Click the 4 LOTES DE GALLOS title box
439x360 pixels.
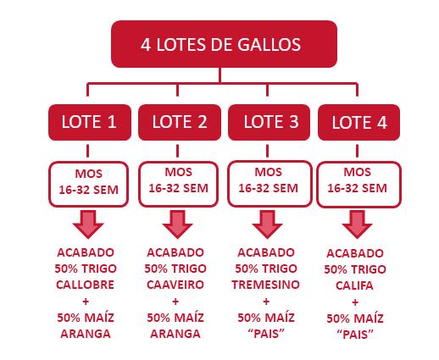click(x=224, y=44)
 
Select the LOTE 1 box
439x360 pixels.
click(x=90, y=122)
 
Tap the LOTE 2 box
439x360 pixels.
click(x=180, y=122)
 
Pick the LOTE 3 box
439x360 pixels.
click(x=269, y=122)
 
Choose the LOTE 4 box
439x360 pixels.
click(x=358, y=122)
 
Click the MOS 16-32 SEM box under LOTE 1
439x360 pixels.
click(x=89, y=184)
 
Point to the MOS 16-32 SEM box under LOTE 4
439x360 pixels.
click(x=358, y=184)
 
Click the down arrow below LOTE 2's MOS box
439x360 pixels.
click(x=177, y=224)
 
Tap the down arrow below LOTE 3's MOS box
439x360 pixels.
click(x=267, y=224)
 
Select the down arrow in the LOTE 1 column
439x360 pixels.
click(x=88, y=224)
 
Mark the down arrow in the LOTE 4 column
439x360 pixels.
click(x=357, y=224)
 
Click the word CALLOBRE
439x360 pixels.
click(x=85, y=285)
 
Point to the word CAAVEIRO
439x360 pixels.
click(x=175, y=285)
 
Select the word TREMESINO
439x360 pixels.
click(x=266, y=285)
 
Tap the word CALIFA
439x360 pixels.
click(x=354, y=285)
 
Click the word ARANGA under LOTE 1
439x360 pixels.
click(x=86, y=334)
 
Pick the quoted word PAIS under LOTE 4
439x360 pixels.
click(x=355, y=335)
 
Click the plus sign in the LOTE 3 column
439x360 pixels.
click(x=266, y=302)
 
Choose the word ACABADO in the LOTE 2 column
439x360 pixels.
click(x=175, y=252)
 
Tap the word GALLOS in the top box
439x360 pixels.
click(x=269, y=45)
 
